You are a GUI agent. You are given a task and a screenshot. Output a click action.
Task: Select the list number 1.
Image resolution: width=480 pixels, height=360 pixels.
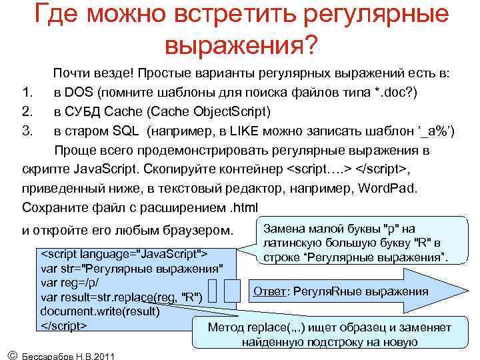(x=26, y=91)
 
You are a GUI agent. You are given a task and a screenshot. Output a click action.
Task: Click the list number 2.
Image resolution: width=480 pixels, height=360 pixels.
(x=27, y=111)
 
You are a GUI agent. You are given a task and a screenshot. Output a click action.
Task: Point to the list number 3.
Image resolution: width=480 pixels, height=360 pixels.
(x=27, y=130)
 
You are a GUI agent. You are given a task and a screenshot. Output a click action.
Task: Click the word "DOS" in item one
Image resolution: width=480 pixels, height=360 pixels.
(x=85, y=91)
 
